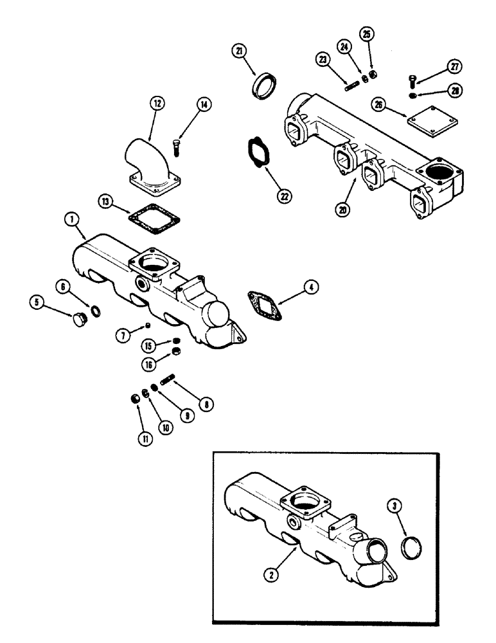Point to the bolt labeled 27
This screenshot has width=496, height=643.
(412, 81)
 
